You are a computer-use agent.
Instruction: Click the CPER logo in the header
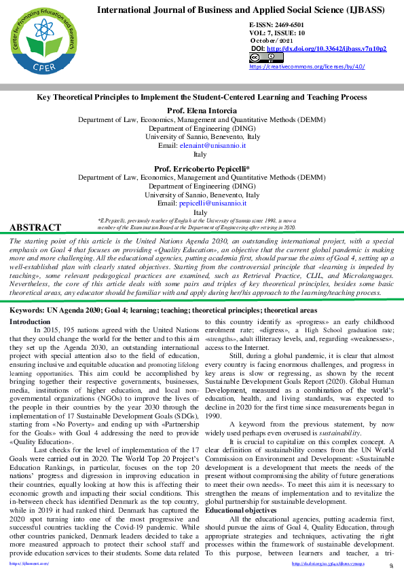pos(41,39)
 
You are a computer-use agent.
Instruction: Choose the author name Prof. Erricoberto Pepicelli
pos(202,169)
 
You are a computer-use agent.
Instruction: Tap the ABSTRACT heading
pos(35,228)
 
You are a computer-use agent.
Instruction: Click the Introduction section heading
pos(30,321)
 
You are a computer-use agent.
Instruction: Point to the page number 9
pos(391,566)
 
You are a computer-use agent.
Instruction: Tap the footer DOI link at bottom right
pos(337,564)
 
